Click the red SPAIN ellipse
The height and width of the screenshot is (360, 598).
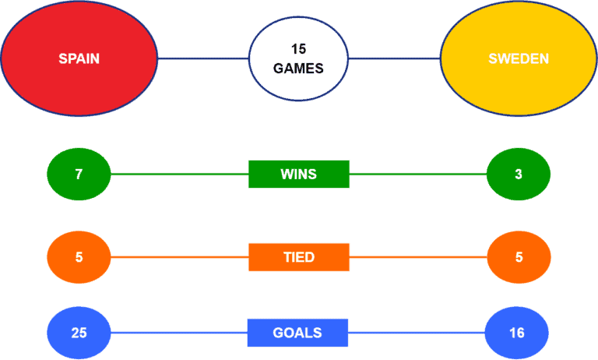tap(79, 58)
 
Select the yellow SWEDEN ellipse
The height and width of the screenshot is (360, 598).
tap(519, 58)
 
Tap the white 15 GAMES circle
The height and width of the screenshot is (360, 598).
tap(298, 58)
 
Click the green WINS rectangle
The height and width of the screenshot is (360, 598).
tap(299, 174)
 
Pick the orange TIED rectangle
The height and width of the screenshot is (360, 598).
tap(299, 257)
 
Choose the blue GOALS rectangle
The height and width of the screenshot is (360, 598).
tap(297, 333)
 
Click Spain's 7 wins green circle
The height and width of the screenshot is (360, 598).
tap(79, 174)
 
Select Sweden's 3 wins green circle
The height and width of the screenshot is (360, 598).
tap(519, 174)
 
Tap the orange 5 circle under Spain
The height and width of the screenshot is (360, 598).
tap(79, 257)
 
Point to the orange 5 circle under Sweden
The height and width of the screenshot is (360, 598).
tap(519, 257)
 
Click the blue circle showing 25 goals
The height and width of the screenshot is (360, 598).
tap(79, 333)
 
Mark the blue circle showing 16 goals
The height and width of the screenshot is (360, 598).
tap(517, 333)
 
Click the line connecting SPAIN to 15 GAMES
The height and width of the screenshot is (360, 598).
tap(203, 58)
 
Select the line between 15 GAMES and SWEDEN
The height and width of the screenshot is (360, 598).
tap(394, 58)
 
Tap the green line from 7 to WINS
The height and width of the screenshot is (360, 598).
tap(180, 174)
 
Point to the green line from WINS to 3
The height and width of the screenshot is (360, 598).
tap(418, 174)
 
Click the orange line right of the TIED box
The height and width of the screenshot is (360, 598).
tap(418, 257)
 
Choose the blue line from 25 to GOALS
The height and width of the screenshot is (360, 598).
tap(179, 333)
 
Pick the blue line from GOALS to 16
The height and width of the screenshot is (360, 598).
tap(417, 333)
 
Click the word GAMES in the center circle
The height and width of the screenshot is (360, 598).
tap(298, 69)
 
